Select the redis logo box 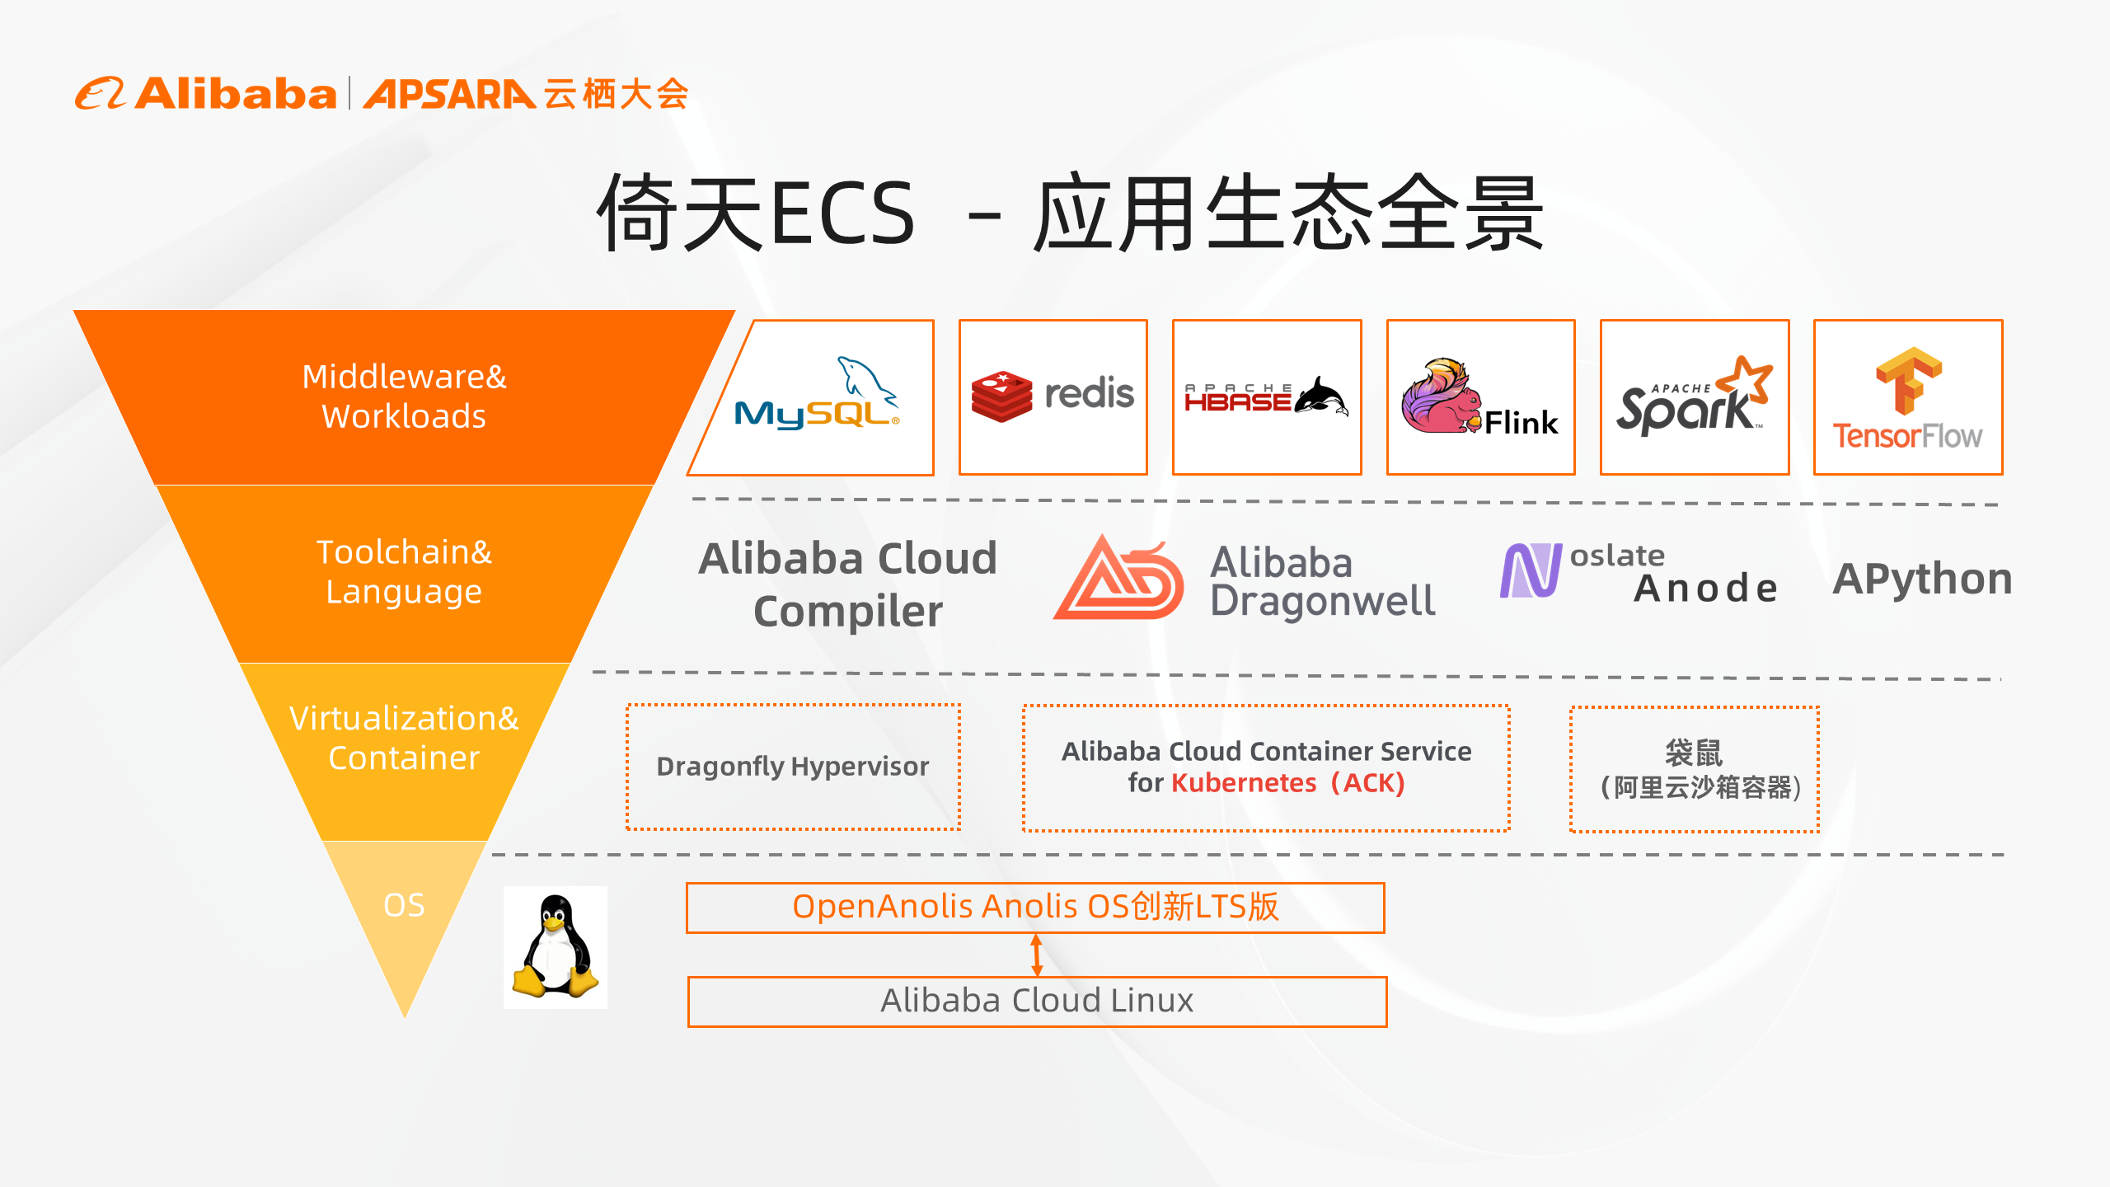(x=1053, y=396)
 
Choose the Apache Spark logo (x=1695, y=396)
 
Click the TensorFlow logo (x=1908, y=396)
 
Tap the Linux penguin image (x=556, y=947)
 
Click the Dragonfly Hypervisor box (x=793, y=767)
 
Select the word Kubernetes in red (x=1244, y=783)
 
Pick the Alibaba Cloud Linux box (x=1037, y=1002)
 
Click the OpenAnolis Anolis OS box (x=1035, y=908)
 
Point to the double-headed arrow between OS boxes (x=1037, y=955)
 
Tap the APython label (x=1922, y=579)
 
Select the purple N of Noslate (x=1531, y=570)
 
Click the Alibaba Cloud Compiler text (x=848, y=584)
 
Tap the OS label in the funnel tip (x=404, y=905)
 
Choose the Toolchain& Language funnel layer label (x=404, y=572)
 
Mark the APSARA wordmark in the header (x=449, y=94)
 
